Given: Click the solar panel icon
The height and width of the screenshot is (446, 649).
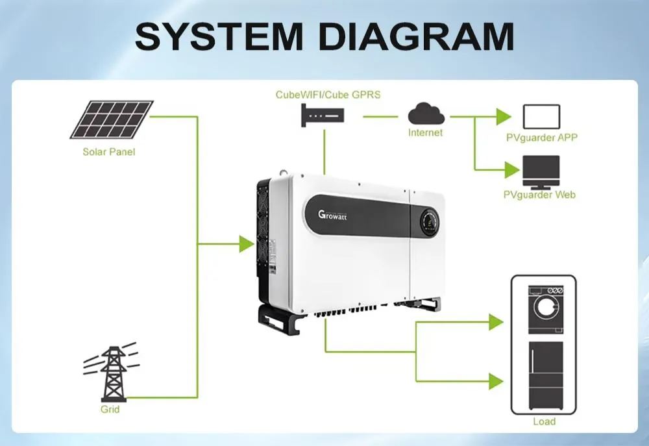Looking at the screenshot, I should (112, 119).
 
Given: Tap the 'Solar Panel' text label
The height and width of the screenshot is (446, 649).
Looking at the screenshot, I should (109, 152).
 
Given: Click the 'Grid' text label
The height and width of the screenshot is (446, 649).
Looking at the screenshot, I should (110, 410).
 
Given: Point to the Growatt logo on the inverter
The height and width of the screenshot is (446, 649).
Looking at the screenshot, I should (332, 215).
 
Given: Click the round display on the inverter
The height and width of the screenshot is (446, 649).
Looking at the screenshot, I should (430, 220).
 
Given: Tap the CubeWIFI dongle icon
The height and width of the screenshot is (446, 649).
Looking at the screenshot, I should (323, 117).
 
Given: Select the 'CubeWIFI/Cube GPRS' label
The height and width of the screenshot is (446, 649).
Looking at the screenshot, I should (328, 94).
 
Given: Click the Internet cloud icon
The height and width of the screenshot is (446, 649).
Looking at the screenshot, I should (426, 115).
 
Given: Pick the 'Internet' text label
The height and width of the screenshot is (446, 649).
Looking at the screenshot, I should (425, 132).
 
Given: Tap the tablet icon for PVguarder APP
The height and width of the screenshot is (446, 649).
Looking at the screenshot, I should (541, 117).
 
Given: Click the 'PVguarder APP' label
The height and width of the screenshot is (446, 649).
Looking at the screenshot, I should (541, 138).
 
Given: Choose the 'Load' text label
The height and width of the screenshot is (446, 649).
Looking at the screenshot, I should (544, 421).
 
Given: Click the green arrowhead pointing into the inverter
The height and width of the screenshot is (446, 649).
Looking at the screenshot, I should (246, 244).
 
